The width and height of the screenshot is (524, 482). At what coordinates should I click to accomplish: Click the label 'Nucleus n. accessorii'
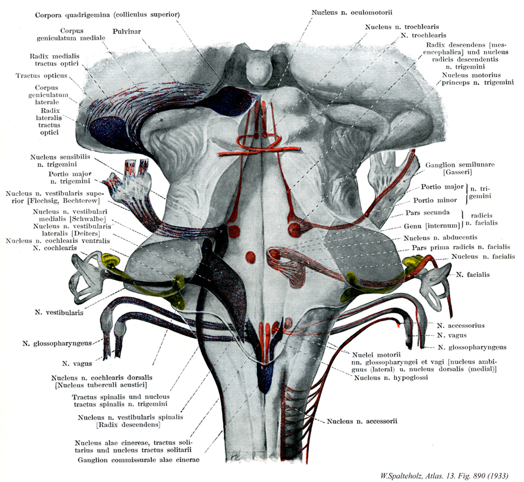tap(363, 421)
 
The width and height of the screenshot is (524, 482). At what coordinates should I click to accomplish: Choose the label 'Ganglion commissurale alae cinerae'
tap(139, 460)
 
